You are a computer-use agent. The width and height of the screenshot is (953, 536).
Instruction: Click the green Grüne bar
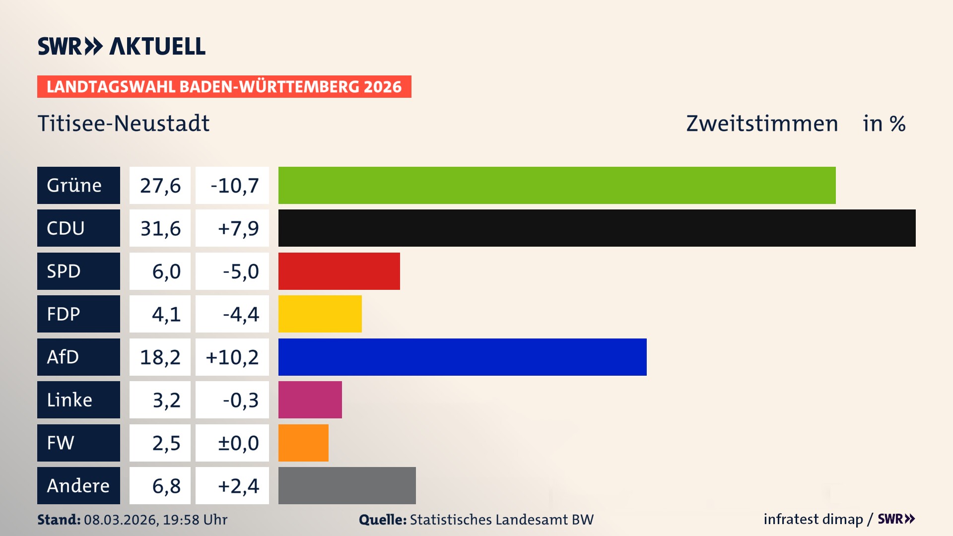[x=557, y=185]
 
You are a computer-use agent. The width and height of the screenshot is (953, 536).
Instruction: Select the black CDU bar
[x=597, y=228]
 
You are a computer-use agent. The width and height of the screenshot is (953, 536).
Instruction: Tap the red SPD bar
[x=339, y=271]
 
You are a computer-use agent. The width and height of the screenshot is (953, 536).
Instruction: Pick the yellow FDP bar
[x=320, y=314]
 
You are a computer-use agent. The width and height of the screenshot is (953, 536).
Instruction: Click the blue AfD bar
[x=462, y=357]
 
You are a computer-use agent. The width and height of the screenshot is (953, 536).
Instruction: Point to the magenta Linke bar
[x=310, y=400]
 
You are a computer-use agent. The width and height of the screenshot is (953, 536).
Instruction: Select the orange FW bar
[x=303, y=443]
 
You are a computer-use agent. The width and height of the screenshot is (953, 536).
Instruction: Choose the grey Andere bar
[x=347, y=485]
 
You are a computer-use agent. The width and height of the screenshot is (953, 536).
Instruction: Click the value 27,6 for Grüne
[x=160, y=186]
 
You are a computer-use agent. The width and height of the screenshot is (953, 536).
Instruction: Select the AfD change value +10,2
[x=232, y=357]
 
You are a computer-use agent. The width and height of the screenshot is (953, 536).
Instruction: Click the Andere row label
[x=78, y=485]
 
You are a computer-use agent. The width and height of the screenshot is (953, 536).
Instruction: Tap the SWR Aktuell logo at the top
[x=122, y=46]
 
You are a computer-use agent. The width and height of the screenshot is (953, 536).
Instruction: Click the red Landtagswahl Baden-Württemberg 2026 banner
[x=224, y=86]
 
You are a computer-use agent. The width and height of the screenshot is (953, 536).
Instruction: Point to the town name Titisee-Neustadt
[x=124, y=123]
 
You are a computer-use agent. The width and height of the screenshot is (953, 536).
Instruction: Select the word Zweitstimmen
[x=762, y=123]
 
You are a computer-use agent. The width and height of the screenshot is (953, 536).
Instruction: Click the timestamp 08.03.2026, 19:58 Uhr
[x=155, y=520]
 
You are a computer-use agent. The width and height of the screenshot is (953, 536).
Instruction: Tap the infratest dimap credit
[x=813, y=519]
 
